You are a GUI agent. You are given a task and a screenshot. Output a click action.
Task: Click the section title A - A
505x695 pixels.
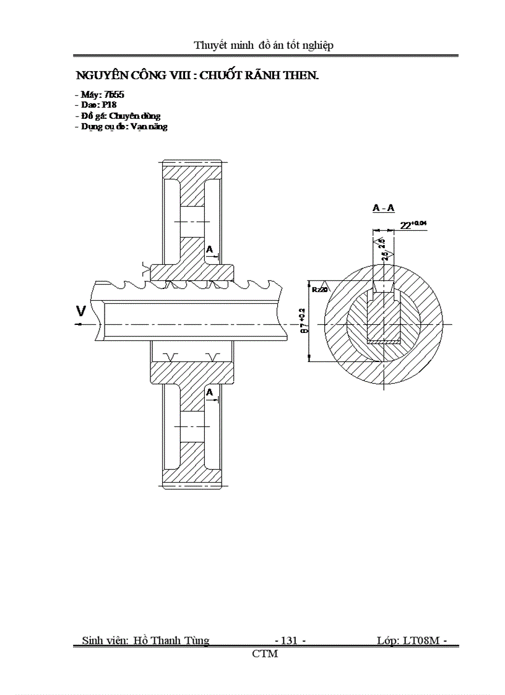383,209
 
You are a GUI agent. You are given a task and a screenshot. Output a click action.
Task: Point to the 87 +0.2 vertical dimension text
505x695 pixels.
301,320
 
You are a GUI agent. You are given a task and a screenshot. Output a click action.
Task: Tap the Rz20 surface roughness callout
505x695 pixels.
319,289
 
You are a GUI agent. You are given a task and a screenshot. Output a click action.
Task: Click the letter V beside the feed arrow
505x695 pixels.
80,311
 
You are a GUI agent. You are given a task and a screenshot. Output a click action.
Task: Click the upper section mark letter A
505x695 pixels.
210,249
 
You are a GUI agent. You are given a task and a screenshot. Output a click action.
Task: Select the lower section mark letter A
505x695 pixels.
210,392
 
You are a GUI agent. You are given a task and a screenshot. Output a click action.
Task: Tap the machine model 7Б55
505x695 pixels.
106,95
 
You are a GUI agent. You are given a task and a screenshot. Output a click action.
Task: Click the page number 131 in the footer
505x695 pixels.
289,641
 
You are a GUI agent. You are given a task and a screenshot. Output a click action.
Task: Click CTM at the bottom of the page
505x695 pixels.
265,654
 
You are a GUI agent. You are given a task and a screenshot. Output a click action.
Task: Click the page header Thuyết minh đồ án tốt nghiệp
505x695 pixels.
264,45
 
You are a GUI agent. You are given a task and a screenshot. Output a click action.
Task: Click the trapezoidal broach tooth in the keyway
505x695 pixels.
383,287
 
